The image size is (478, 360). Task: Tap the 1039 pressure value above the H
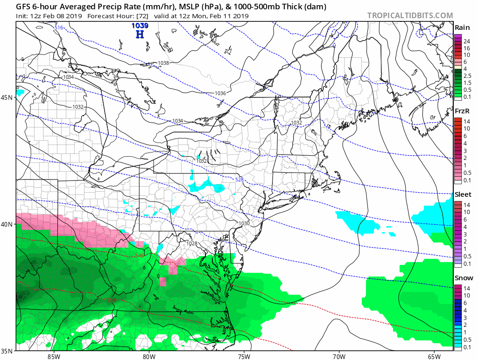click(139, 25)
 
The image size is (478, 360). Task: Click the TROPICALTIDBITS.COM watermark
click(410, 15)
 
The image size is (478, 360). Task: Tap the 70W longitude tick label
click(338, 356)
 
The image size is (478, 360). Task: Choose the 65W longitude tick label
click(434, 356)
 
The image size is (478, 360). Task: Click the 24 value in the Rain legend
click(466, 41)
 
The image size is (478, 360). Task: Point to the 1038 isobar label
click(163, 63)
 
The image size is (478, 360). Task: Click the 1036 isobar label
click(220, 93)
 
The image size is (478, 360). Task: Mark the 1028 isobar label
click(191, 244)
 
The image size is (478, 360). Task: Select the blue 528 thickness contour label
click(239, 180)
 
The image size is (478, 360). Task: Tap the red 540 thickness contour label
click(140, 255)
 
